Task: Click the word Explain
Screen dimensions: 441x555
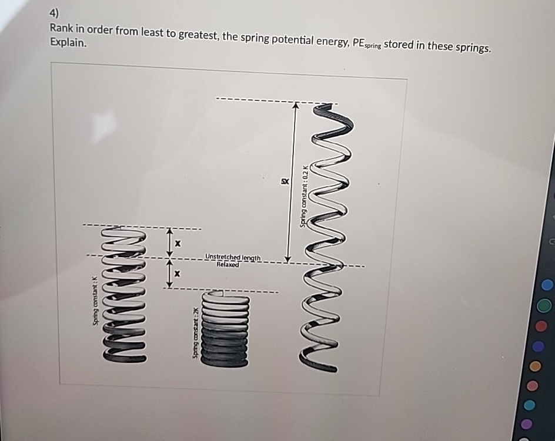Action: point(68,43)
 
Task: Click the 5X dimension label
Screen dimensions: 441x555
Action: point(284,181)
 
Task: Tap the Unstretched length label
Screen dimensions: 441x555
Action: point(233,257)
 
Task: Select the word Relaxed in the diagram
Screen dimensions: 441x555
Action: point(228,265)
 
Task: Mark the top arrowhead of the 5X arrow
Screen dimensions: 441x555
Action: point(297,107)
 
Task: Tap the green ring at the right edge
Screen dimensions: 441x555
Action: point(545,306)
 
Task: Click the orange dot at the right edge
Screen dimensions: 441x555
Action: point(535,366)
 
